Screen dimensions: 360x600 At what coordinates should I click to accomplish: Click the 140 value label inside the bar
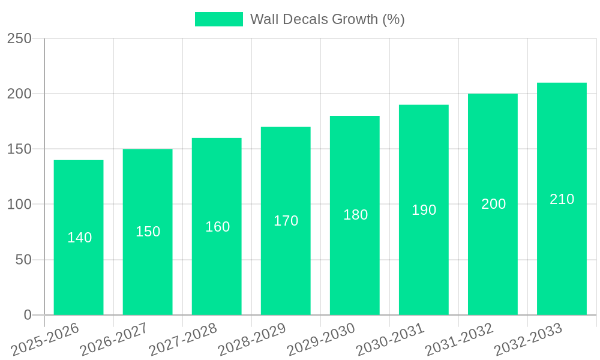tap(79, 238)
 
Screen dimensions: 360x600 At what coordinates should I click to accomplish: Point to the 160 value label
tap(217, 227)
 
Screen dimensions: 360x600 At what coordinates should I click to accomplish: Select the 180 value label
tap(355, 215)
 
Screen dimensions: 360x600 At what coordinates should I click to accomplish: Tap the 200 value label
tap(493, 204)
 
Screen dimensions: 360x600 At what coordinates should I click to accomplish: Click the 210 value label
tap(562, 199)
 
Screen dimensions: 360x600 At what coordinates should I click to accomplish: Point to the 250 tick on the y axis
tap(19, 38)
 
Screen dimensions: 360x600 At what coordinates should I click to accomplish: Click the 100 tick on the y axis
tap(19, 205)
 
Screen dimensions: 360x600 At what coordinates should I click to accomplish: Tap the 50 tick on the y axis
tap(23, 260)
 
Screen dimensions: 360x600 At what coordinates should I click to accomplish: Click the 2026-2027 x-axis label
tap(113, 340)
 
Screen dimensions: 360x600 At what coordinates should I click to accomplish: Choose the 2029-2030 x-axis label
tap(320, 340)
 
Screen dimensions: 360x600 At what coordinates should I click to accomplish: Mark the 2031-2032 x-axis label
tap(458, 340)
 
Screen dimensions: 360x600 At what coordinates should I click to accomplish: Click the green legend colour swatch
tap(219, 19)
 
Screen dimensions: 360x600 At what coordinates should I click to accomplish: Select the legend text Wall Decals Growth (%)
tap(327, 19)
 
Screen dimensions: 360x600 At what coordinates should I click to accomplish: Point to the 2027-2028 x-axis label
tap(182, 340)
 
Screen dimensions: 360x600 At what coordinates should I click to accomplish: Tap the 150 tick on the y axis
tap(19, 149)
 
